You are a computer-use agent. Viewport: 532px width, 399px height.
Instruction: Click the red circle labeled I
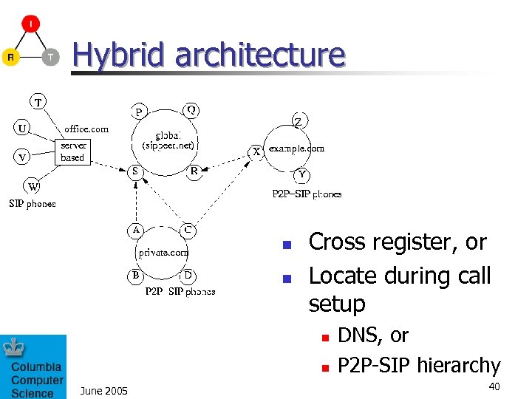pos(30,24)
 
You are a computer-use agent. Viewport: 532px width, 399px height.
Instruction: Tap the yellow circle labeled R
pos(10,57)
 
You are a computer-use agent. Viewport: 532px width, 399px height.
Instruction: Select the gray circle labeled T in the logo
pos(50,57)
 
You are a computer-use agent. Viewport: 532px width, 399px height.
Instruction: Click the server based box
pos(73,151)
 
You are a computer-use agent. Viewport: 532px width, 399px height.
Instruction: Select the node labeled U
pos(24,128)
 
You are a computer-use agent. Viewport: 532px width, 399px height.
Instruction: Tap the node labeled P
pos(138,112)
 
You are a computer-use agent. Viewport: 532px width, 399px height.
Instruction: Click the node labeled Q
pos(191,110)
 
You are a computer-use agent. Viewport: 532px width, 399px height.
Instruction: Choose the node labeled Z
pos(297,121)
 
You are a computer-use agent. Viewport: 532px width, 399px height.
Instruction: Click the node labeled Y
pos(301,175)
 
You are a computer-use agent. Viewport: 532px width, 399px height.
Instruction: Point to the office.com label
pos(86,129)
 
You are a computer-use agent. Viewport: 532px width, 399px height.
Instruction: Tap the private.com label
pos(164,252)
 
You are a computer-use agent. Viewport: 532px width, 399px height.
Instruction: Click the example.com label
pos(296,149)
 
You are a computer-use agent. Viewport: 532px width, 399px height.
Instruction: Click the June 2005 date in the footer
pos(103,390)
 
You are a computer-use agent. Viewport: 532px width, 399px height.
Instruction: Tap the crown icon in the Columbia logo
pos(15,347)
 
